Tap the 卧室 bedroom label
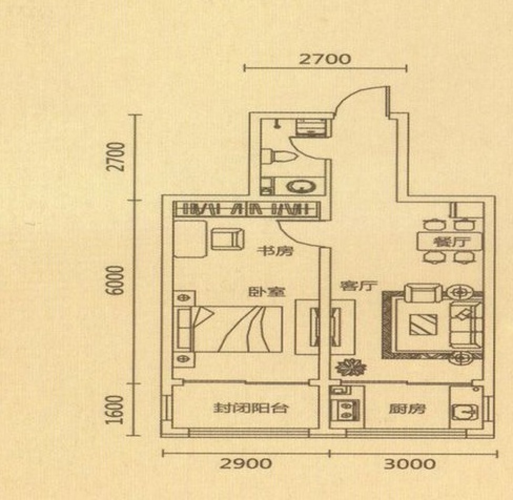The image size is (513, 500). [x=267, y=292]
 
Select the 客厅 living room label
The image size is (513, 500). [x=358, y=285]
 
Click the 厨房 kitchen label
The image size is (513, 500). [x=407, y=409]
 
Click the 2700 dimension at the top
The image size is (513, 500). [x=325, y=59]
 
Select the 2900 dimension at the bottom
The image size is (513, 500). [x=246, y=464]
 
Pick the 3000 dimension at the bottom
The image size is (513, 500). [x=410, y=464]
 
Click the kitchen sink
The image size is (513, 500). [x=465, y=412]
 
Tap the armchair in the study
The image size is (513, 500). [x=228, y=239]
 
